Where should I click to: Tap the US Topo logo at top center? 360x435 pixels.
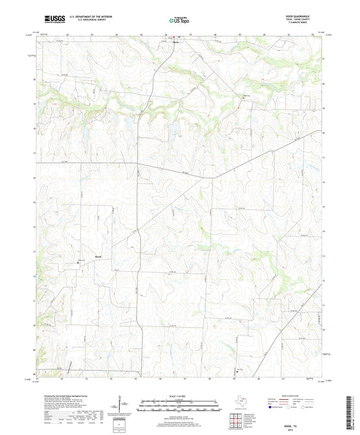[179, 21]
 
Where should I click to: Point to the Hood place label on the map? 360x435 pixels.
[99, 257]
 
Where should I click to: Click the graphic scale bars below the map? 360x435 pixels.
[180, 407]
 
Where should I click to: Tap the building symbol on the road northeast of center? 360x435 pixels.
[245, 96]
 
